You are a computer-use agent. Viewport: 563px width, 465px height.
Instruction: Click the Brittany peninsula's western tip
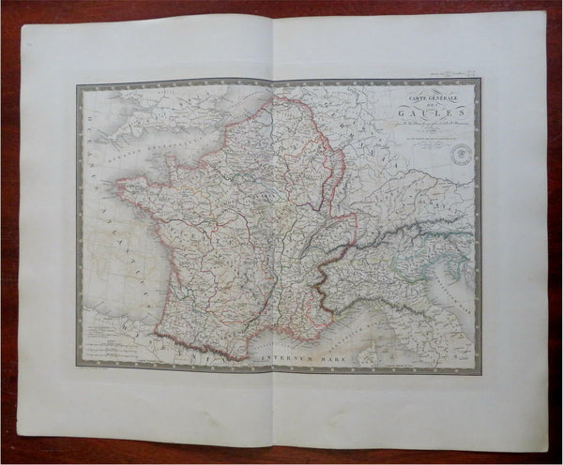point(119,187)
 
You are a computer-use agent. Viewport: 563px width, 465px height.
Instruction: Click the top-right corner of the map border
point(480,79)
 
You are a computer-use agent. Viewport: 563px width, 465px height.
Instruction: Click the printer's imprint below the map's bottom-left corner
point(103,378)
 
